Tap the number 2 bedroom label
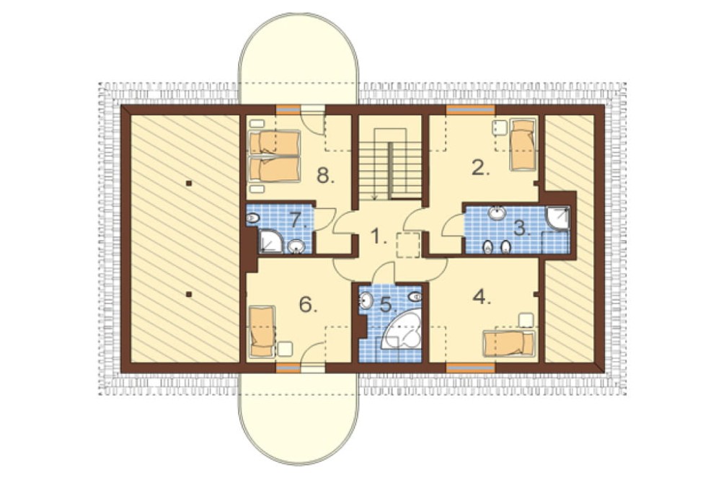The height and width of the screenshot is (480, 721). point(479,169)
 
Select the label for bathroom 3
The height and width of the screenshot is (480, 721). point(521,228)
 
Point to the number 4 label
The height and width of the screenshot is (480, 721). point(482,298)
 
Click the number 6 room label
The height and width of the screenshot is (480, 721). point(308,304)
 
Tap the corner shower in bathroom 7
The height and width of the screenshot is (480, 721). point(271,241)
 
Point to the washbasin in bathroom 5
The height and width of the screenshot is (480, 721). point(366,301)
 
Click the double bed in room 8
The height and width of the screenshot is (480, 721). point(275,156)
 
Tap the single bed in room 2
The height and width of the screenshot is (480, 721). point(523,144)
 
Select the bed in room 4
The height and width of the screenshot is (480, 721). point(510,344)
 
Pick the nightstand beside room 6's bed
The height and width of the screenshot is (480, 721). point(286,348)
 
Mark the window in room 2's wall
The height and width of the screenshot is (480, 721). point(470,110)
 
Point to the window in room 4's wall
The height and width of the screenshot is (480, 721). point(470,367)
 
